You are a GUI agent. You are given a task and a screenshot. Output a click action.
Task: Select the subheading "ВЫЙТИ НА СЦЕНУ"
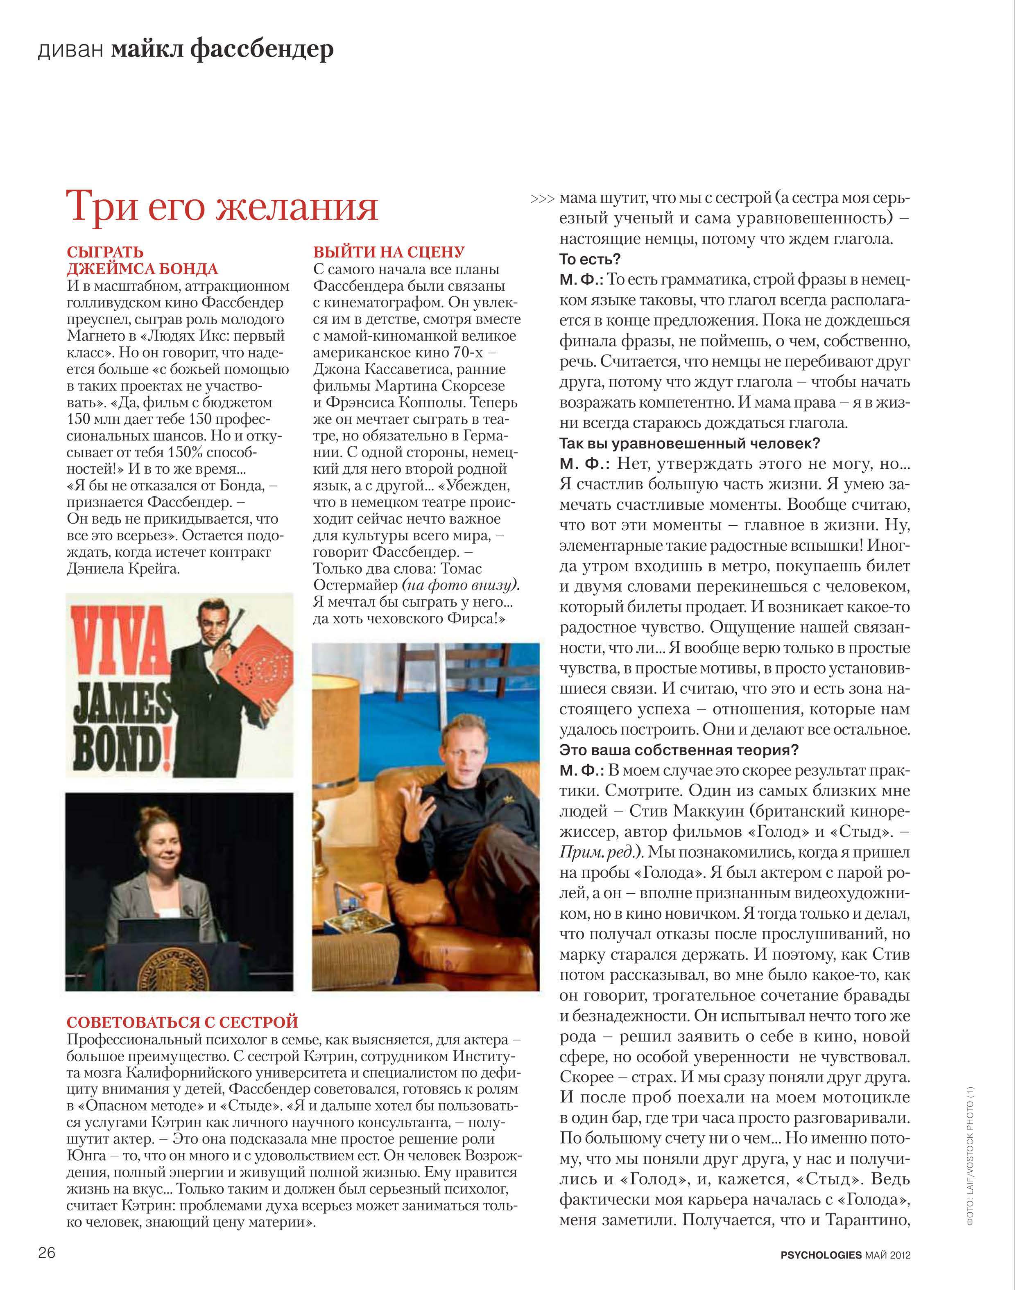click(389, 252)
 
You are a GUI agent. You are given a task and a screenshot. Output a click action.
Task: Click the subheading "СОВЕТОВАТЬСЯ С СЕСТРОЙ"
click(182, 1022)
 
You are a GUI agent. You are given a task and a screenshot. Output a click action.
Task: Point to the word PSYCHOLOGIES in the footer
click(821, 1255)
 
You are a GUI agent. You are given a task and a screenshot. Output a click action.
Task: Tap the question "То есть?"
click(590, 259)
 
